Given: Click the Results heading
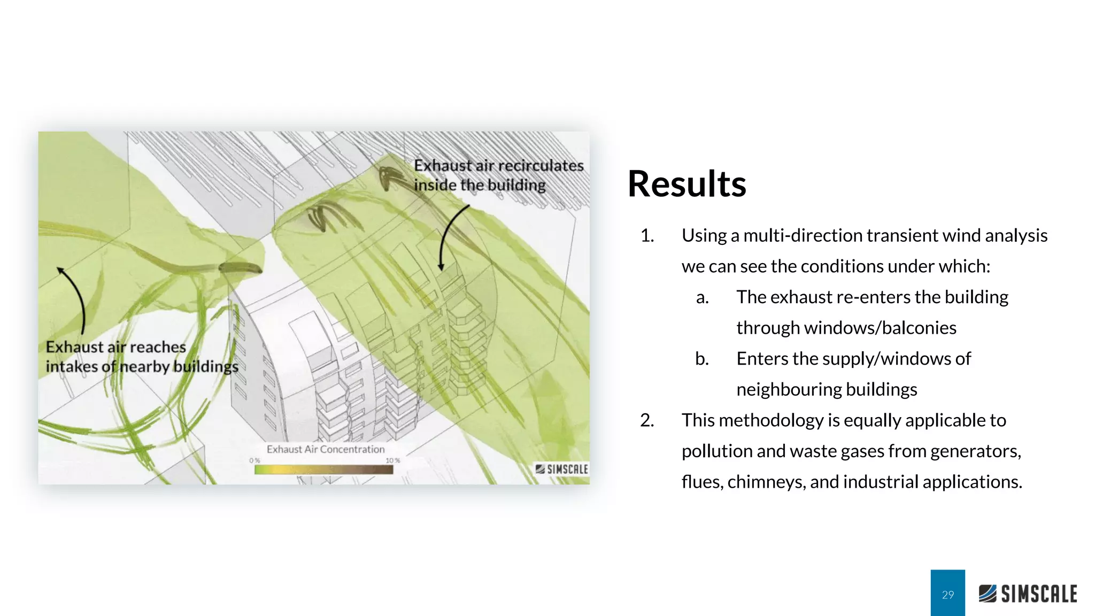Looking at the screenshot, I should tap(687, 184).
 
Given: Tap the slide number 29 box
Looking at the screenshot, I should tap(947, 594).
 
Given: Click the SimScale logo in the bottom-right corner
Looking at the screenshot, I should tap(1028, 594).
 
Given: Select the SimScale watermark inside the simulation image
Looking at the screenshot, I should tap(561, 469).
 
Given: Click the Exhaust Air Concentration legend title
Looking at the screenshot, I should tap(325, 449).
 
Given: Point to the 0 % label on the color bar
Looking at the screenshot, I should tap(255, 460).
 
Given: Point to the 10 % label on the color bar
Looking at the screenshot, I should tap(392, 460).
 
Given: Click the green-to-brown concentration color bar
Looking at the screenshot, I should tap(323, 469).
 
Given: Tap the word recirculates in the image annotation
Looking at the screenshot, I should tap(540, 166).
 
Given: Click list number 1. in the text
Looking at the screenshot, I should tap(647, 236).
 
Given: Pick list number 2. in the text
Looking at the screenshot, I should tap(647, 420).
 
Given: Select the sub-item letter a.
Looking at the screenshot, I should tap(702, 297).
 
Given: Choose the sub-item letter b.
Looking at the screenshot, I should tap(702, 359).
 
